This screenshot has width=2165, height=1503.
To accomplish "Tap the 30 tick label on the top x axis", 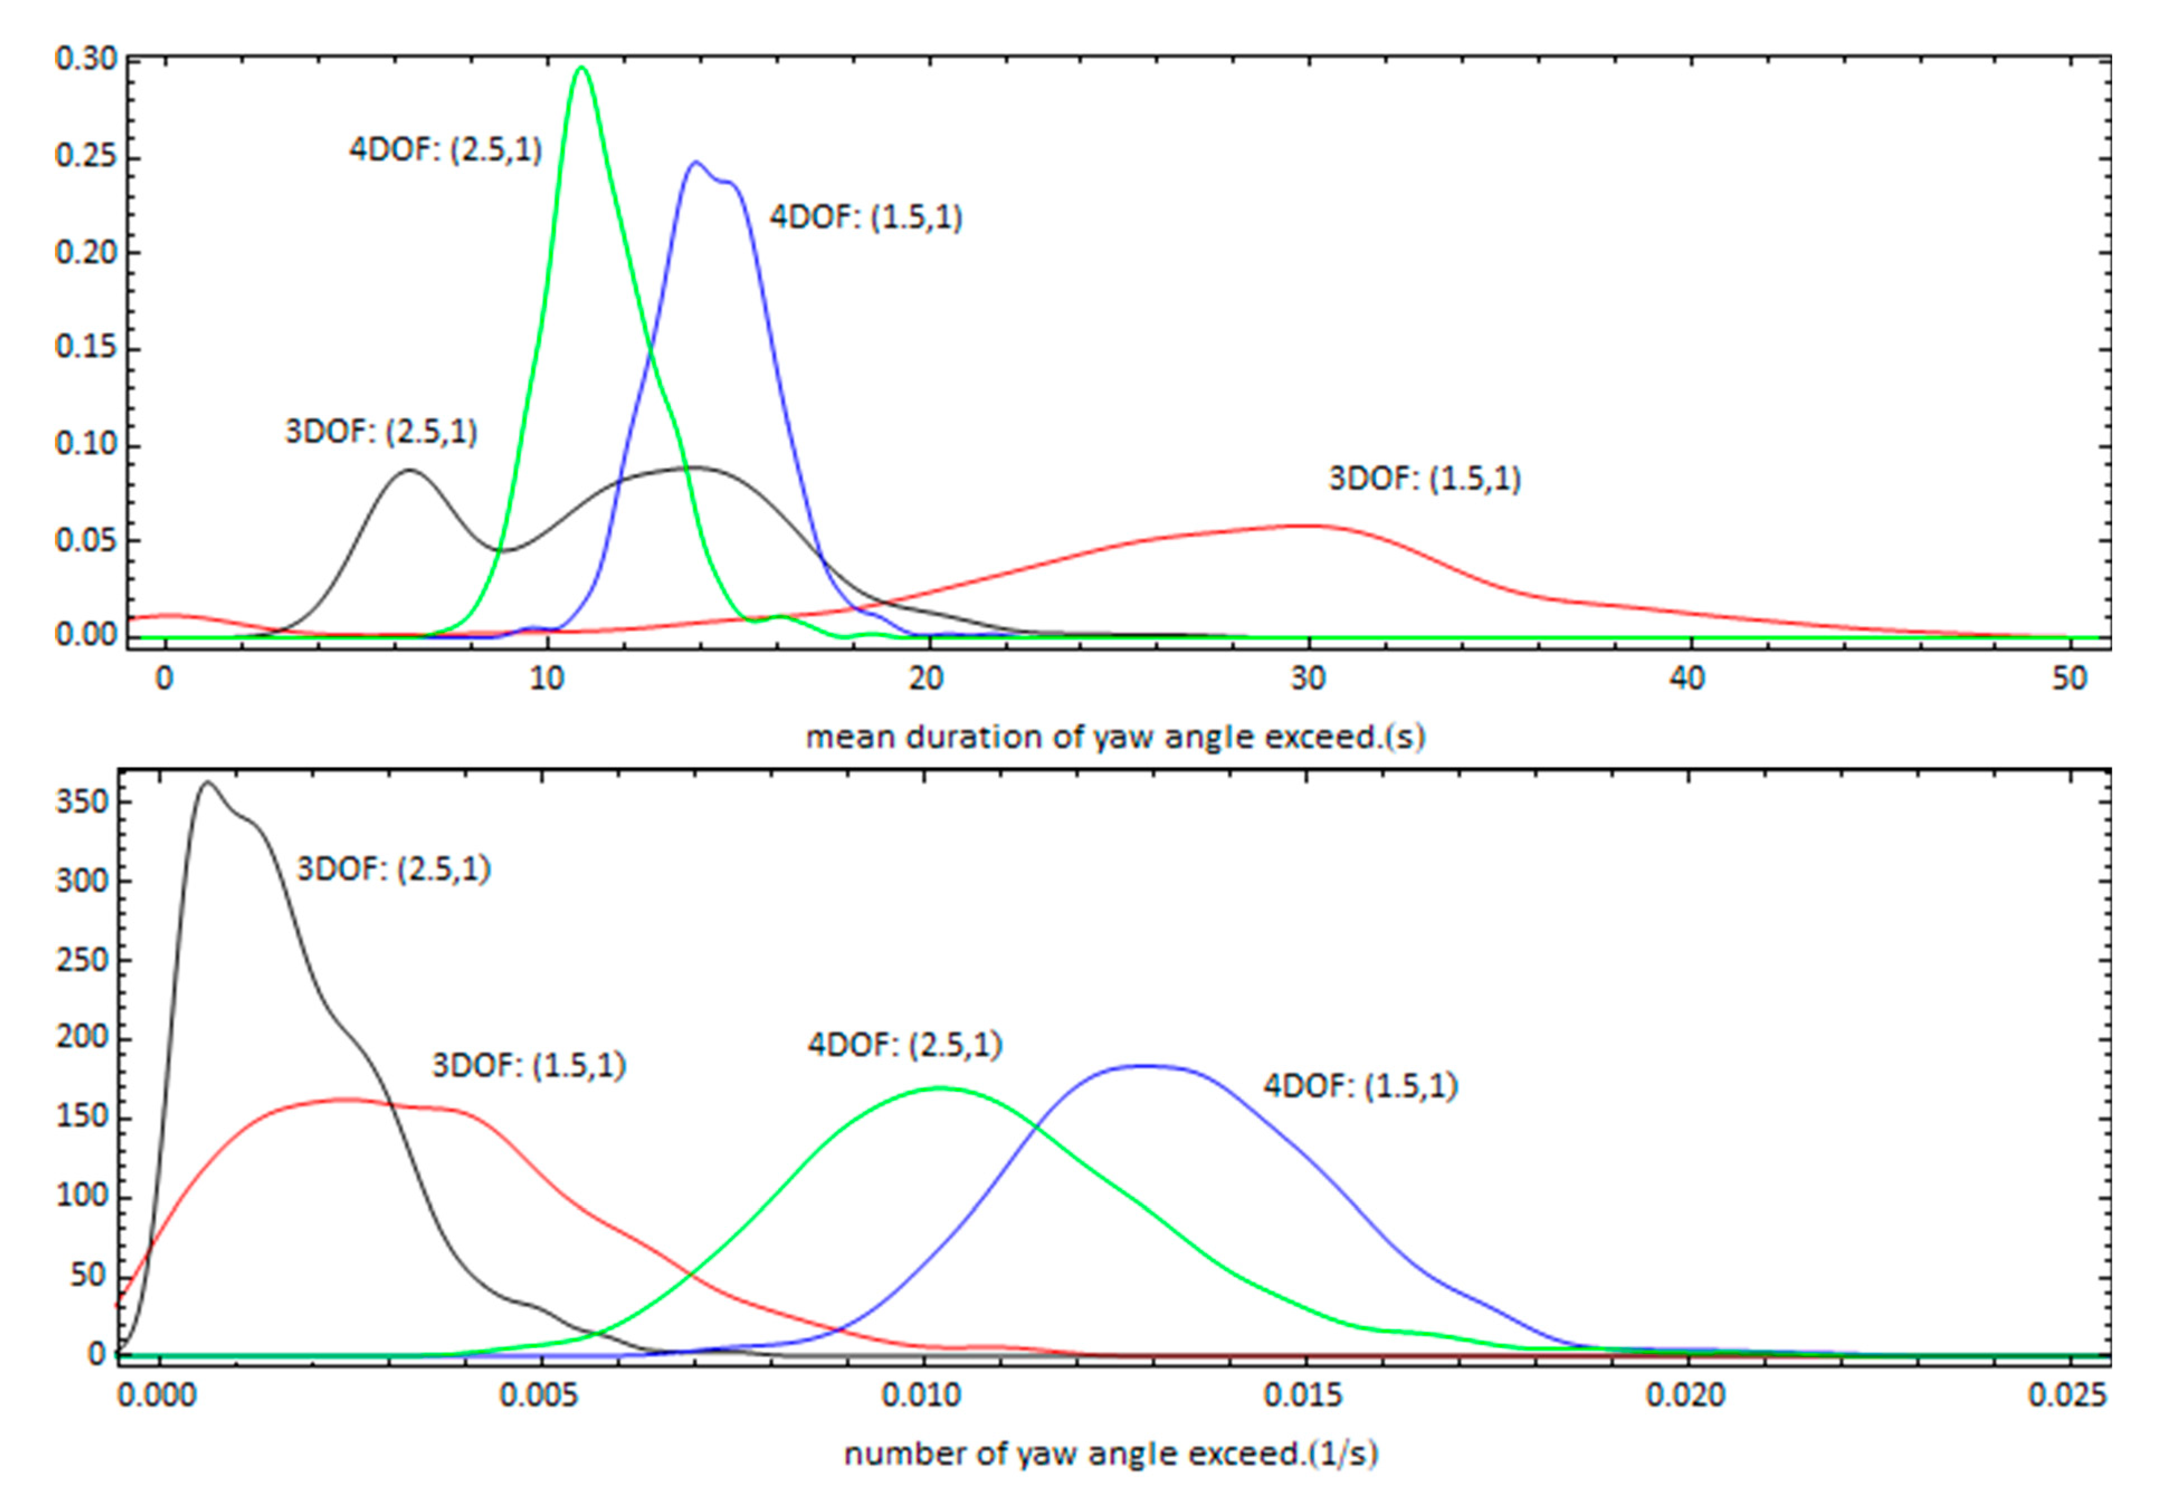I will pyautogui.click(x=1307, y=678).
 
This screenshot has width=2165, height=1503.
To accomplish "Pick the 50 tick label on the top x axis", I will pyautogui.click(x=2069, y=678).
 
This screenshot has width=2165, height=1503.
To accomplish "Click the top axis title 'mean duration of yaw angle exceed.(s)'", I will pyautogui.click(x=1115, y=737).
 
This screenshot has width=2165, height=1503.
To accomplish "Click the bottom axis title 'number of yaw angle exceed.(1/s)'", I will pyautogui.click(x=1111, y=1454).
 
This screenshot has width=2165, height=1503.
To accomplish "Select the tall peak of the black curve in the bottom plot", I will pyautogui.click(x=207, y=782).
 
